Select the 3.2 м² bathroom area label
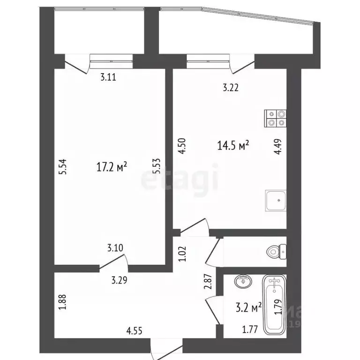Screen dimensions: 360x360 pos(248,308)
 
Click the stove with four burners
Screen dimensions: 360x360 pos(275,118)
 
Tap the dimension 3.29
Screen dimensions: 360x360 pos(119,281)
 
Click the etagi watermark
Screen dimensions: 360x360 pos(180,179)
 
